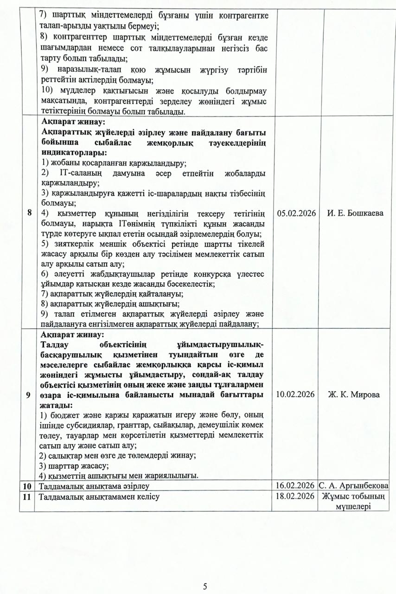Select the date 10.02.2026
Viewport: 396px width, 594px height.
pos(296,394)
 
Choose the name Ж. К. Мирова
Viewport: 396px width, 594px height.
pos(353,394)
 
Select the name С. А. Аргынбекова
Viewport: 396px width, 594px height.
pos(353,486)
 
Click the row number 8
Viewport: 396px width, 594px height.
pos(30,213)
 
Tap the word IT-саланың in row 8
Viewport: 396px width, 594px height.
pos(80,173)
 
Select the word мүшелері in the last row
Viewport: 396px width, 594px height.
pos(353,506)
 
